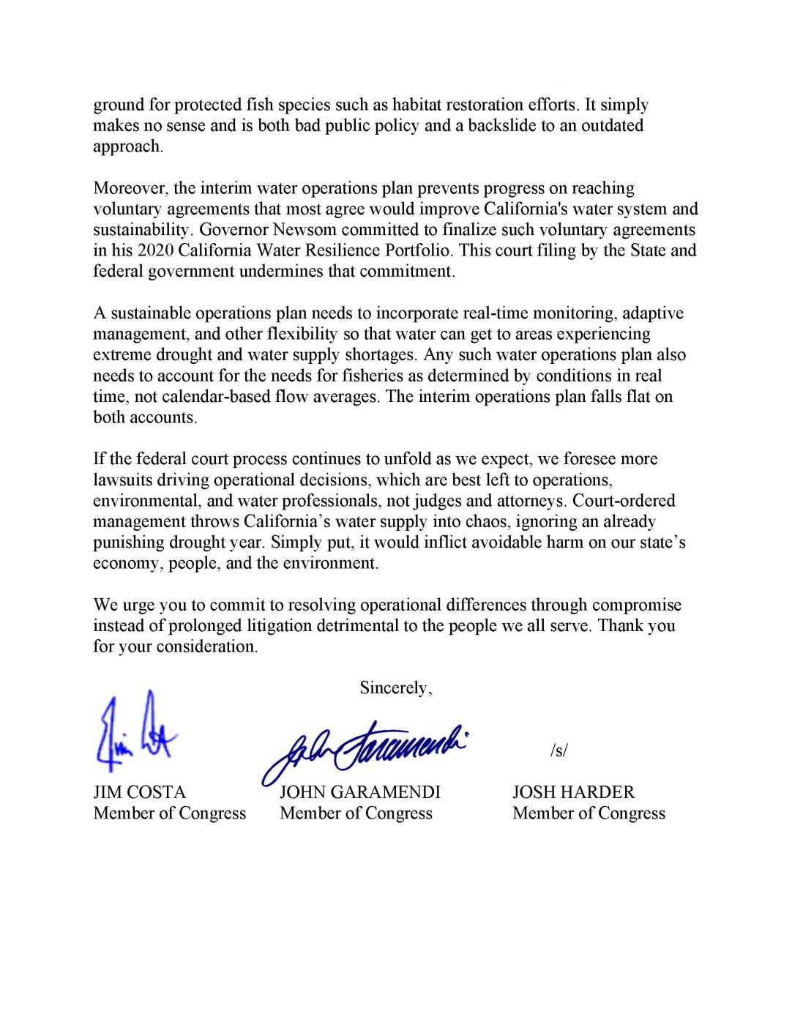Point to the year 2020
tap(155, 250)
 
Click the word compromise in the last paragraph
tap(636, 605)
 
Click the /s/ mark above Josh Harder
tap(558, 750)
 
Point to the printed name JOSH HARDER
tap(573, 792)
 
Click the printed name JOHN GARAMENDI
tap(359, 792)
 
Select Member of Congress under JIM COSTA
tap(170, 813)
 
